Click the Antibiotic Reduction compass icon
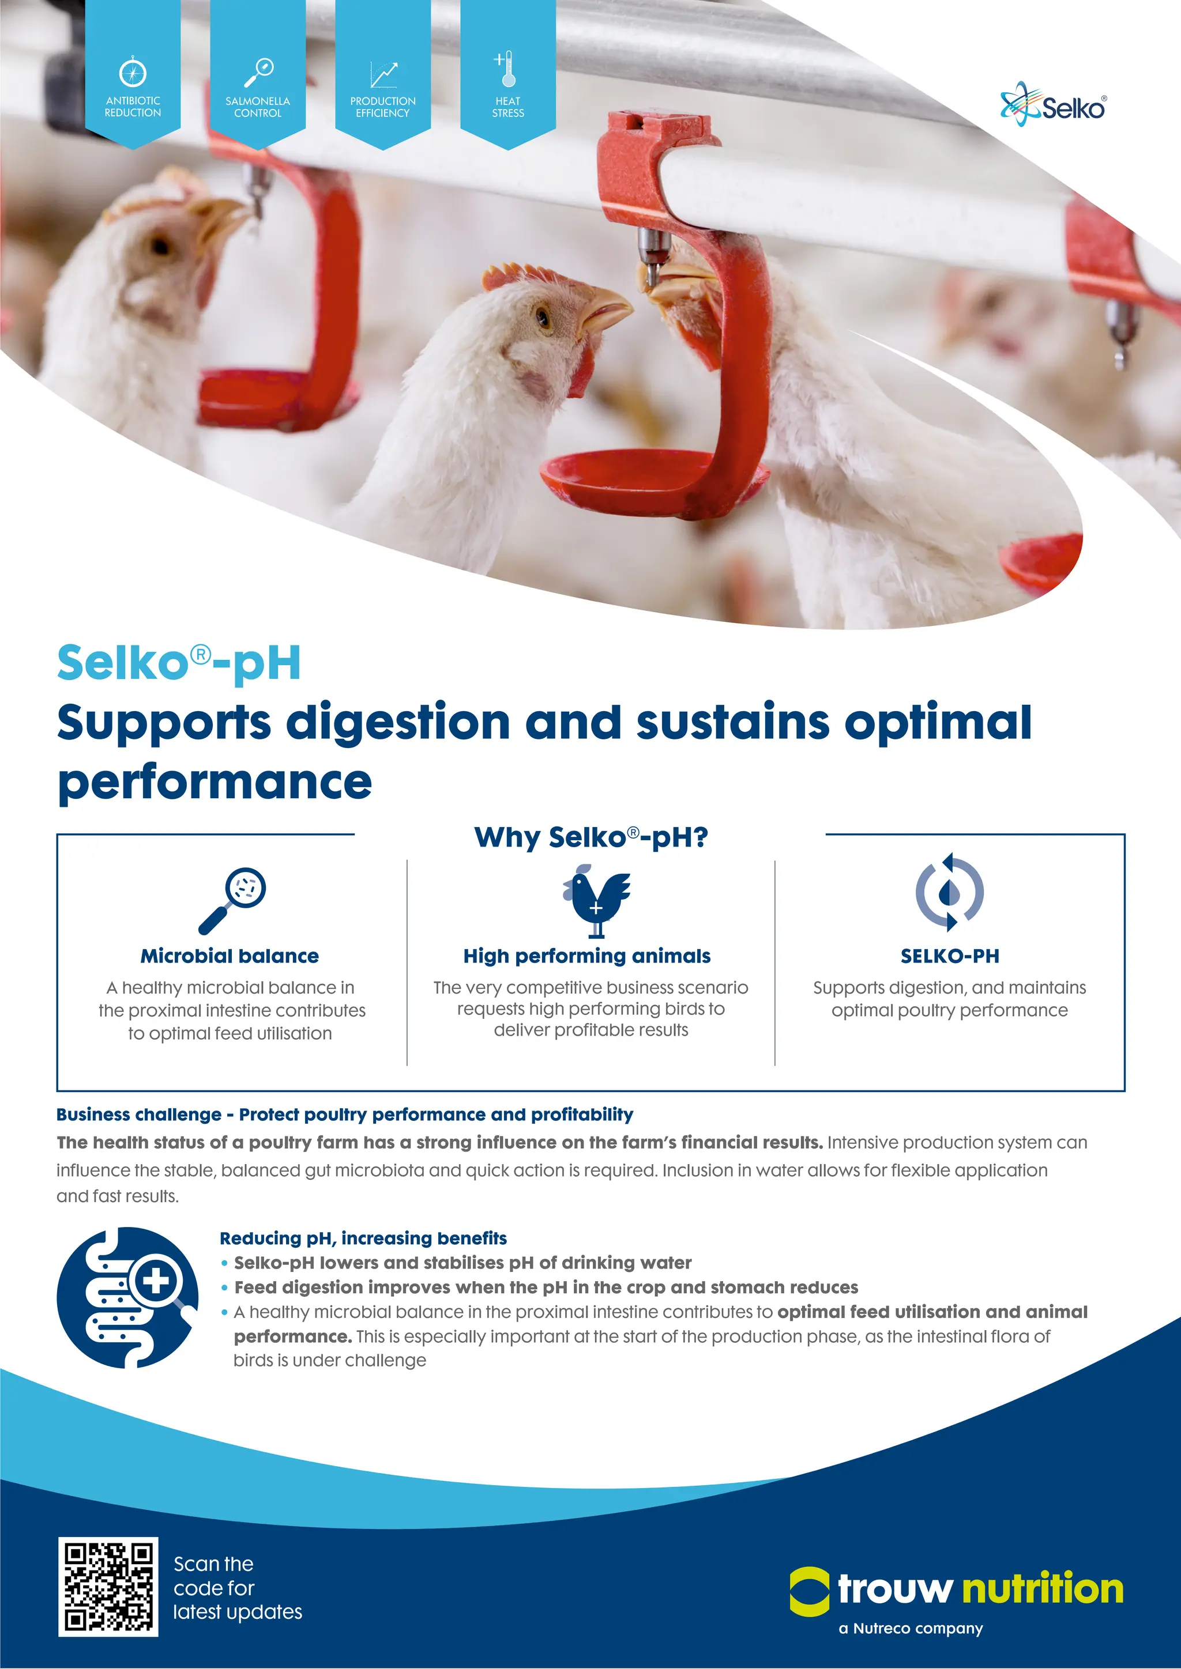click(133, 72)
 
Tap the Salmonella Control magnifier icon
click(258, 71)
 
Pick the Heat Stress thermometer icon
click(507, 69)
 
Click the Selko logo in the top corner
click(1053, 105)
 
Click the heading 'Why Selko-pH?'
click(590, 837)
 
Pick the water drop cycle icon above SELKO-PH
click(949, 892)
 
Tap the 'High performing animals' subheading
click(587, 956)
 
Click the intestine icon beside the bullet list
click(127, 1297)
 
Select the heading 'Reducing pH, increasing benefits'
click(363, 1238)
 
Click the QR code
click(108, 1587)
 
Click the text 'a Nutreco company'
click(911, 1628)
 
